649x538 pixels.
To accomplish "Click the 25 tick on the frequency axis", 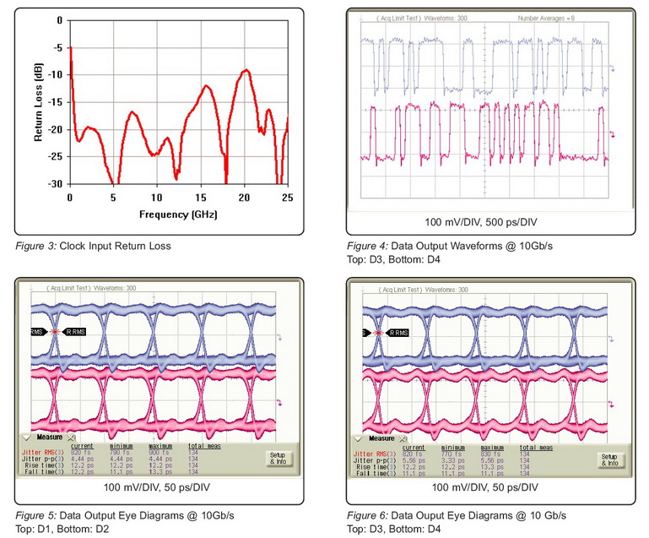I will (287, 196).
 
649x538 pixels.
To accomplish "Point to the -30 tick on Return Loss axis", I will (55, 183).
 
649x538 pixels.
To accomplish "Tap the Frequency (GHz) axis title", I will (177, 214).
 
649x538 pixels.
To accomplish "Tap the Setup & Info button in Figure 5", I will (278, 459).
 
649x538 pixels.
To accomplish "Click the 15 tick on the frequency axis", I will (200, 196).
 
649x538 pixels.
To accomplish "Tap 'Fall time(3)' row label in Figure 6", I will (376, 474).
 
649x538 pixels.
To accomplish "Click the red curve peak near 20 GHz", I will (246, 70).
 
